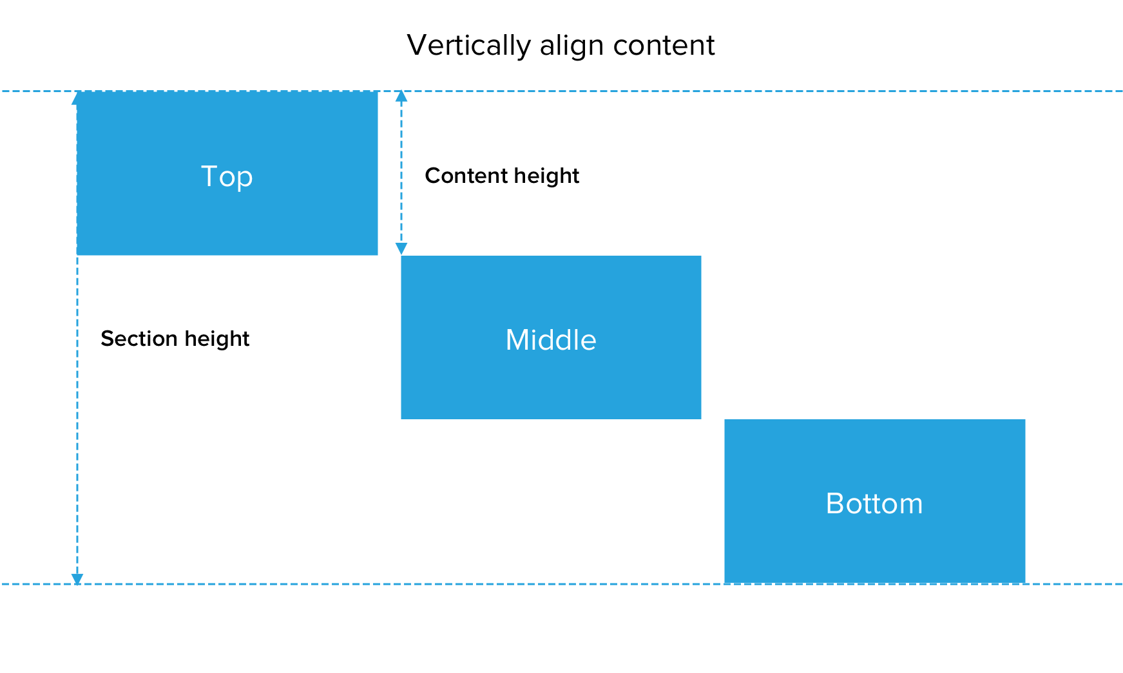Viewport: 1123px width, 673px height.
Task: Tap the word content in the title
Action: pyautogui.click(x=664, y=45)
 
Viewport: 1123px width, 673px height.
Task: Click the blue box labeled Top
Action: pyautogui.click(x=227, y=173)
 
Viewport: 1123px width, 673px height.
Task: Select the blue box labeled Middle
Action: pyautogui.click(x=551, y=337)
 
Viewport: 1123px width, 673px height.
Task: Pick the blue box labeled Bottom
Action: pyautogui.click(x=874, y=501)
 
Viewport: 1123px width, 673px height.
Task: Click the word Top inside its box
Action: pyautogui.click(x=227, y=177)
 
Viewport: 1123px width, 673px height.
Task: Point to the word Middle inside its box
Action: pyautogui.click(x=551, y=339)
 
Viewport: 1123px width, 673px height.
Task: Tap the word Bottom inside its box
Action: pyautogui.click(x=874, y=503)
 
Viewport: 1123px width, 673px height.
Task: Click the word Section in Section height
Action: pyautogui.click(x=139, y=338)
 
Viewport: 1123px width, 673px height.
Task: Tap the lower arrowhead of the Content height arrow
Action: pyautogui.click(x=401, y=249)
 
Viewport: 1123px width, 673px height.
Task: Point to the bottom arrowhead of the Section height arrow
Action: pyautogui.click(x=77, y=579)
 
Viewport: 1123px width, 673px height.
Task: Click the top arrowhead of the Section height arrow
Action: pyautogui.click(x=77, y=97)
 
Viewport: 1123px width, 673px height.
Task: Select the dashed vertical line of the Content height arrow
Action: pyautogui.click(x=401, y=173)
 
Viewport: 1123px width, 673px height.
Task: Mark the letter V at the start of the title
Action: pyautogui.click(x=418, y=45)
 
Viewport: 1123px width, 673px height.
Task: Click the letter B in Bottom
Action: pyautogui.click(x=835, y=503)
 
